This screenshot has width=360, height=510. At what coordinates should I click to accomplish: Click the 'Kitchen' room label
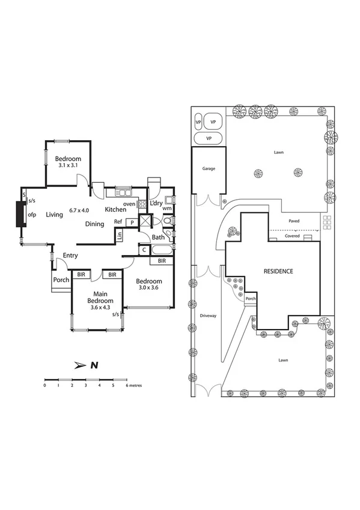click(x=115, y=209)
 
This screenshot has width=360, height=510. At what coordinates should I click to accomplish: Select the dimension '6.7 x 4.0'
click(x=79, y=210)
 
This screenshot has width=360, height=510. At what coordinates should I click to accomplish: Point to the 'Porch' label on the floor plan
click(x=61, y=280)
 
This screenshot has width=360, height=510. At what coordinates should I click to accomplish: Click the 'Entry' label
click(x=70, y=256)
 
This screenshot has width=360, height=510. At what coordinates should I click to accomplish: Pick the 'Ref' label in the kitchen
click(x=119, y=222)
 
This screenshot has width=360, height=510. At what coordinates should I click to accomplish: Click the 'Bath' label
click(x=158, y=238)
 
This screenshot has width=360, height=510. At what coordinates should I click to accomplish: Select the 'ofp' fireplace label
click(x=32, y=214)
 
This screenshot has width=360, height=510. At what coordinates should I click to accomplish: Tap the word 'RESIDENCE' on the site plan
click(x=278, y=271)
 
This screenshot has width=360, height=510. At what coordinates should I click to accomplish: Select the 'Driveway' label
click(x=208, y=315)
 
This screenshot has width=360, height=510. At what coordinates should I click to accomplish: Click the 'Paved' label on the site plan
click(x=293, y=221)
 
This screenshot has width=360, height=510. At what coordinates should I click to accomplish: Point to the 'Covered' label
click(x=292, y=236)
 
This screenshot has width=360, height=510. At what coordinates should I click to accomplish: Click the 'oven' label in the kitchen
click(x=129, y=204)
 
